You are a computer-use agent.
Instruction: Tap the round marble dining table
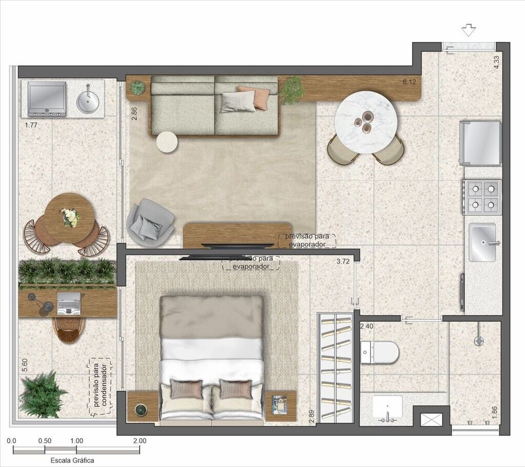click(x=365, y=124)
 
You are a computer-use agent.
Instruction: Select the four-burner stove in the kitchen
click(x=482, y=197)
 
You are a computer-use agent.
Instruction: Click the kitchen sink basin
click(x=482, y=242)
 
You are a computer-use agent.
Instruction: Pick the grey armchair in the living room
click(x=151, y=221)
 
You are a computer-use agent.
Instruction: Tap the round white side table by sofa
click(x=167, y=141)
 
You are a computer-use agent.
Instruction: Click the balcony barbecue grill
click(x=47, y=99)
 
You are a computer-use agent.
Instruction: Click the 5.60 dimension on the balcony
click(x=24, y=364)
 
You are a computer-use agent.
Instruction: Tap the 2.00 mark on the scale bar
click(x=140, y=441)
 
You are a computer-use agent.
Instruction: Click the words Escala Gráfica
click(x=72, y=460)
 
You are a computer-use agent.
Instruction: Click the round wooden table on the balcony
click(x=69, y=217)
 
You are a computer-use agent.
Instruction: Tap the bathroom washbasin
click(x=387, y=408)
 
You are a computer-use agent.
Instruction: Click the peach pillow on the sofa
click(x=255, y=97)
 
